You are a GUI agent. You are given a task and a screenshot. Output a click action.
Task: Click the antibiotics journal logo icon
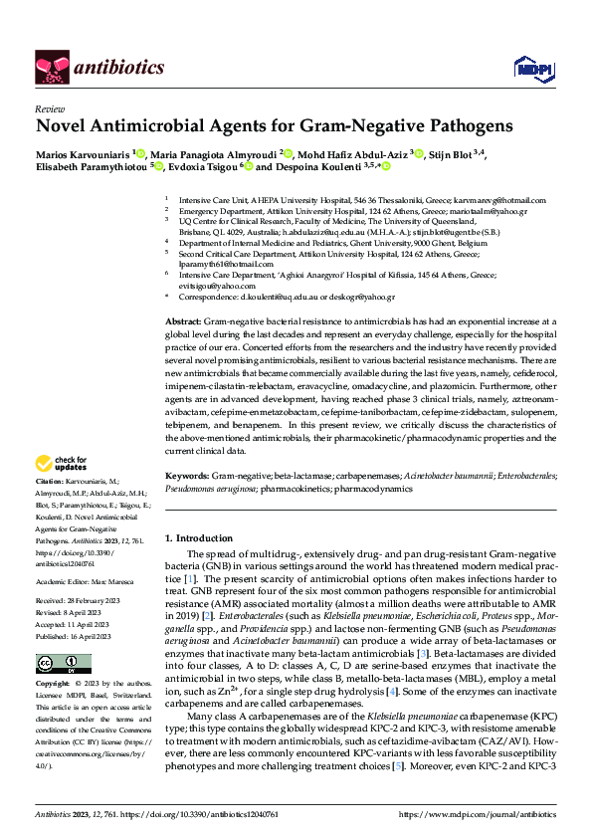(x=52, y=67)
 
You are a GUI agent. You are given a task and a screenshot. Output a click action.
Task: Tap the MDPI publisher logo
(x=527, y=67)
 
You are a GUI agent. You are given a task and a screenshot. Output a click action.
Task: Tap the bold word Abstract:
(x=182, y=296)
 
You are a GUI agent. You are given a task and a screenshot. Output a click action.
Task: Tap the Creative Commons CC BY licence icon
(x=50, y=664)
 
